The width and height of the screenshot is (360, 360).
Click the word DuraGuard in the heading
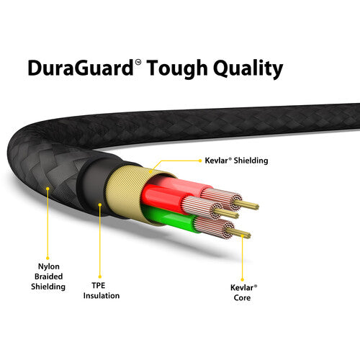click(x=81, y=68)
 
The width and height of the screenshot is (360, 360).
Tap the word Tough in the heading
click(x=177, y=69)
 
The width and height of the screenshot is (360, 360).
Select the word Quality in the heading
click(x=248, y=69)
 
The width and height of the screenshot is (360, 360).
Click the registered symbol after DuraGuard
click(x=138, y=63)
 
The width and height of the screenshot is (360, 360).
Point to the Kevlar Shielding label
click(x=236, y=161)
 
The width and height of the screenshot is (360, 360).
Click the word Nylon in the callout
click(x=49, y=266)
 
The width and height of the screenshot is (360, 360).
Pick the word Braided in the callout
click(x=48, y=276)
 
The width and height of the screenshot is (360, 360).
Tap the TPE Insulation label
click(x=102, y=290)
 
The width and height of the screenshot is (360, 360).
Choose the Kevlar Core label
click(x=243, y=292)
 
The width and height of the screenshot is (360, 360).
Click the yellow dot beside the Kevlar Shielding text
click(x=200, y=161)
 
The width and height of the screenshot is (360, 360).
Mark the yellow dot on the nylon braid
click(x=48, y=189)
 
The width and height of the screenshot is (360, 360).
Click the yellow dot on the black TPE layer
click(x=100, y=204)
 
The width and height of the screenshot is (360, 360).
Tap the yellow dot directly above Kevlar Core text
click(x=242, y=279)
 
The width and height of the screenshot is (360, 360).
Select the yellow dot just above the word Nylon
click(x=48, y=258)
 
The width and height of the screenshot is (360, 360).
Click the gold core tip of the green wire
click(x=239, y=233)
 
